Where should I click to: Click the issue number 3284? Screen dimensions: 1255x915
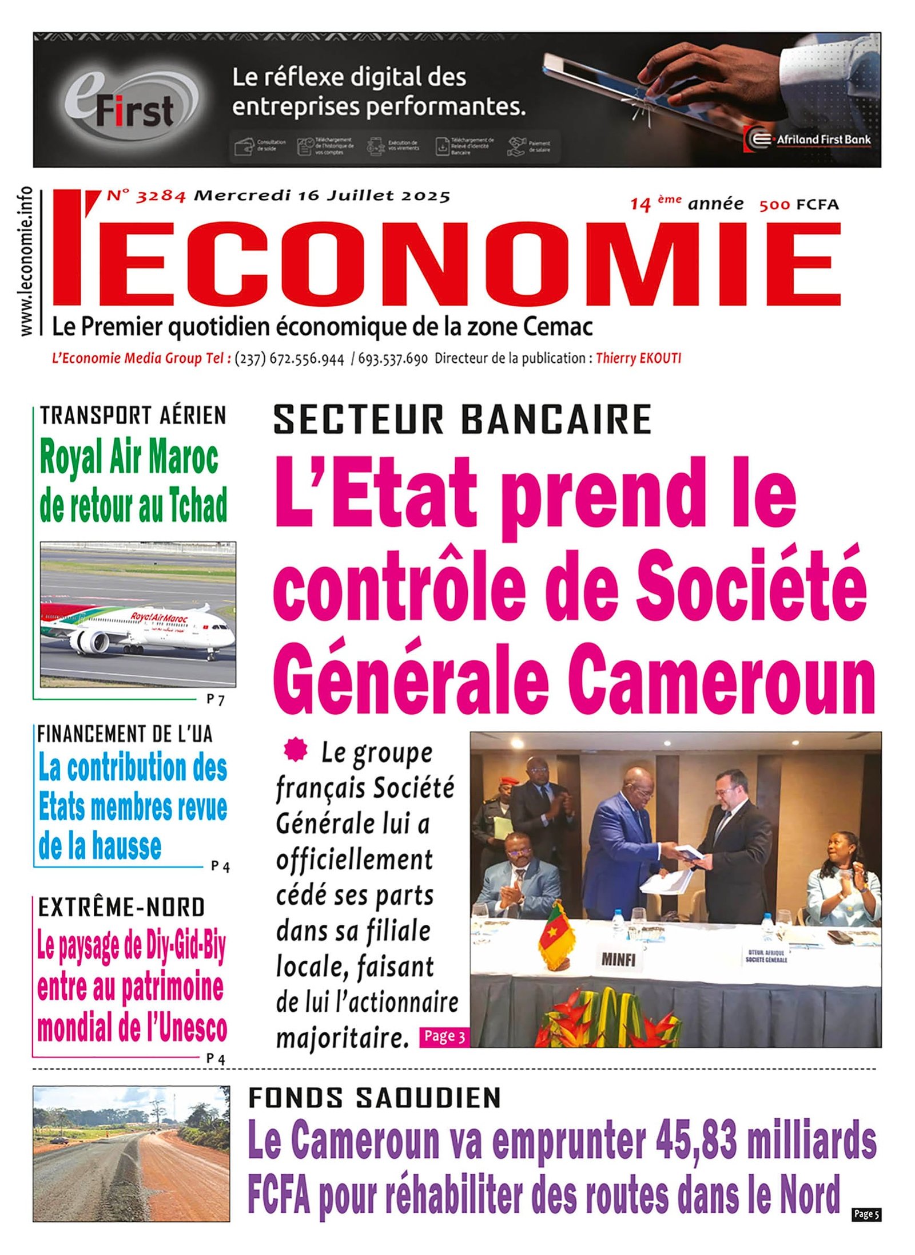pyautogui.click(x=161, y=196)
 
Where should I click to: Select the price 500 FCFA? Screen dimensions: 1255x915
pyautogui.click(x=798, y=204)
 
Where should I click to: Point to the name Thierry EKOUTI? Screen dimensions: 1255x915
pyautogui.click(x=638, y=358)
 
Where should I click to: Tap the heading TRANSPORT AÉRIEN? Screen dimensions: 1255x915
pyautogui.click(x=133, y=415)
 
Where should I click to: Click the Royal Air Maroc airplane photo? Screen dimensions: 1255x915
pyautogui.click(x=138, y=613)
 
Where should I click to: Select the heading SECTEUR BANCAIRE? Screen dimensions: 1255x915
pyautogui.click(x=462, y=419)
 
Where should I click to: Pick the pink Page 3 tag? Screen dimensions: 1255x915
pyautogui.click(x=444, y=1036)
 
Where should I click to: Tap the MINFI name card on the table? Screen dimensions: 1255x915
pyautogui.click(x=618, y=959)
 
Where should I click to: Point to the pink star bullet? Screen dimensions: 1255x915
pyautogui.click(x=296, y=750)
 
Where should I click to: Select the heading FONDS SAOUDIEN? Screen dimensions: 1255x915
pyautogui.click(x=375, y=1098)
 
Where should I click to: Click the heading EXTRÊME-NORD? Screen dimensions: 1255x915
pyautogui.click(x=121, y=907)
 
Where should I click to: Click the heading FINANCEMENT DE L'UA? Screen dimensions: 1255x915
pyautogui.click(x=125, y=734)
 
